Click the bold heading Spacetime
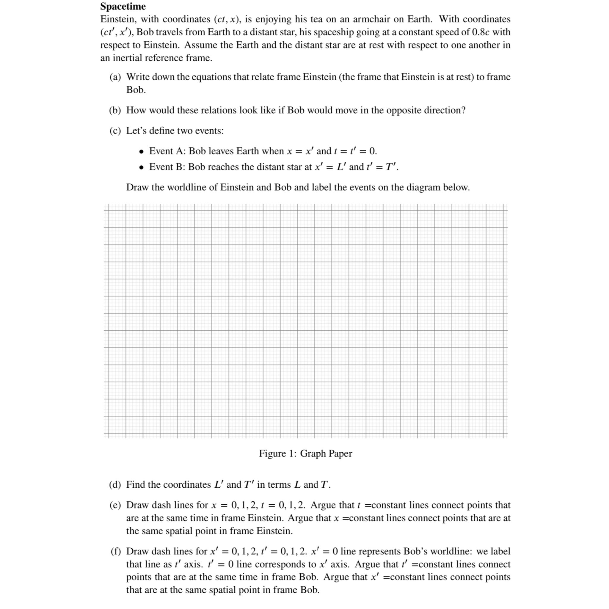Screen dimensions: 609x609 tap(123, 6)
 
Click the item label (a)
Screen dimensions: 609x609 tap(115, 77)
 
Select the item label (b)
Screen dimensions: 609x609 tap(115, 110)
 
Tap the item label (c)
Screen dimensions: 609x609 tap(115, 131)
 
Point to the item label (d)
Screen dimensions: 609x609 tap(115, 484)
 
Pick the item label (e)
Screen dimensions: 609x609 tap(115, 505)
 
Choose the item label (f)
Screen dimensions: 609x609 tap(116, 551)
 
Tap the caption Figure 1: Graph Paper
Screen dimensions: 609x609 tap(305, 453)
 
